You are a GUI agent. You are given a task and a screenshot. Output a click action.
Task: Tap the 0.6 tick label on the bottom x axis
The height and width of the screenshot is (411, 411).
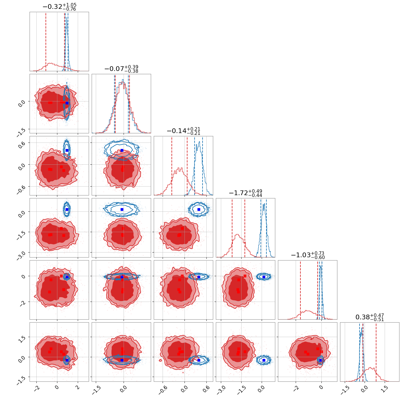(206, 389)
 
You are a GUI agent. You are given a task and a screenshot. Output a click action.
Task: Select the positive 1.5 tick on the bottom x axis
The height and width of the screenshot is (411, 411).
(384, 389)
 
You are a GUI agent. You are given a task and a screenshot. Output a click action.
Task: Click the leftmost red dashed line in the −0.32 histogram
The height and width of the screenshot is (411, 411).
(46, 42)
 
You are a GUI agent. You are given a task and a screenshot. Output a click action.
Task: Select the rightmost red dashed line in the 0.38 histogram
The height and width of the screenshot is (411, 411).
(376, 352)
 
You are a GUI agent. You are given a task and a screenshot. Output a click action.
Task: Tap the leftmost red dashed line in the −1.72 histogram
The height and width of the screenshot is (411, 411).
(232, 228)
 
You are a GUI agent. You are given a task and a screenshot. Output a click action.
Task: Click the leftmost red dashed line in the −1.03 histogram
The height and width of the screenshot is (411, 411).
(300, 290)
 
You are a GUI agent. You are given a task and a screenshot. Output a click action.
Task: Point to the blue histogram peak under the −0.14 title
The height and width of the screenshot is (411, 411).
(199, 142)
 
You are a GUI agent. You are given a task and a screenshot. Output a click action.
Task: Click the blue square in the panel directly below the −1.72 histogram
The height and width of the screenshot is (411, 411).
(264, 277)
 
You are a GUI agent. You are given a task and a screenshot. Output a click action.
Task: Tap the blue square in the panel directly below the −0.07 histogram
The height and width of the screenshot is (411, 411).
(122, 151)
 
